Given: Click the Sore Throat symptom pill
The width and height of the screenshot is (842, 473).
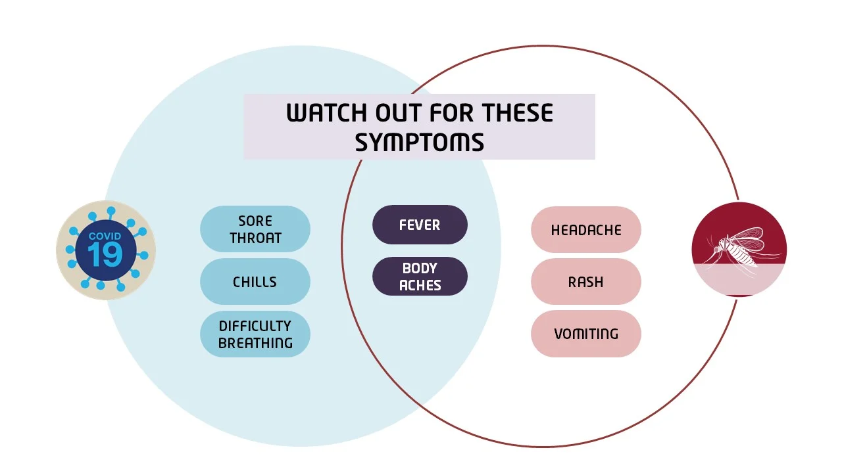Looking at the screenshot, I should click(x=255, y=229).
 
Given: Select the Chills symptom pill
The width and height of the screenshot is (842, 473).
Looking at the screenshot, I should click(x=255, y=282).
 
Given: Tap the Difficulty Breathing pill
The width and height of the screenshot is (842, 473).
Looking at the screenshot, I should click(x=255, y=334).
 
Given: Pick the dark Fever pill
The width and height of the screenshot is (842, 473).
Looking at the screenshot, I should click(x=420, y=225).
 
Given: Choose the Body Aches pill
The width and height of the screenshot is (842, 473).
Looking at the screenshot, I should click(x=420, y=277).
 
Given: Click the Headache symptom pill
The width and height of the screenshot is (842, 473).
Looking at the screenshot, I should click(x=586, y=230).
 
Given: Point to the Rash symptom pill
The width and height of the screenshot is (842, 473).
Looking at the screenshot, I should click(x=586, y=282).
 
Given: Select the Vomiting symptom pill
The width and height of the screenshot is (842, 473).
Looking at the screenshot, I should click(x=586, y=334).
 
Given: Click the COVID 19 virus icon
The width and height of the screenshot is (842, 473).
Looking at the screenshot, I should click(x=106, y=250).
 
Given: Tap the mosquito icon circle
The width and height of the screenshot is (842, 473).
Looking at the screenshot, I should click(x=739, y=250).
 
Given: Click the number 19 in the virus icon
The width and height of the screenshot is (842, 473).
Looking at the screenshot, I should click(x=105, y=256).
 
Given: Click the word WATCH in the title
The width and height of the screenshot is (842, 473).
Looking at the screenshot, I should click(x=327, y=114).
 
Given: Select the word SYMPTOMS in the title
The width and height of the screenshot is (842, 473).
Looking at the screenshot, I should click(x=420, y=142).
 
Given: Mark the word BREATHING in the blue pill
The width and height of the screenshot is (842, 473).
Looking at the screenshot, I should click(x=255, y=343).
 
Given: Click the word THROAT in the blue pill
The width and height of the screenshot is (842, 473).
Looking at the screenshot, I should click(x=255, y=238).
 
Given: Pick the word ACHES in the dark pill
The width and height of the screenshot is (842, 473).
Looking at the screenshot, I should click(x=420, y=285).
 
